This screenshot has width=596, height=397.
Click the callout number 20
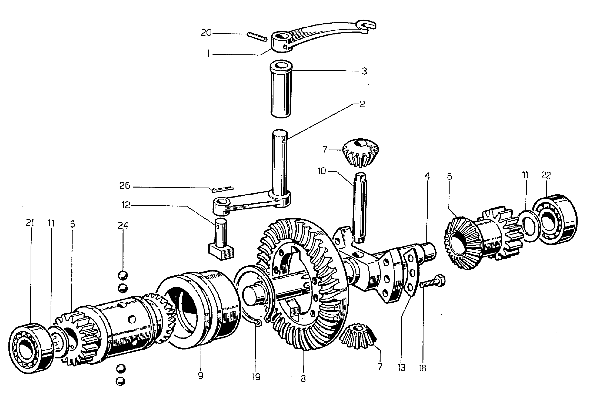point(206,33)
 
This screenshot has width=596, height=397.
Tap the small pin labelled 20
point(257,36)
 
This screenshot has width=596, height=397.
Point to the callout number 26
point(125,186)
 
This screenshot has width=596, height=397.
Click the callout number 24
point(123,225)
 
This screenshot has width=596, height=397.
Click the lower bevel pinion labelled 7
point(358,336)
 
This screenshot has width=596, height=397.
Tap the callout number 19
point(256,377)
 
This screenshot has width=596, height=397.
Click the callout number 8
point(303,379)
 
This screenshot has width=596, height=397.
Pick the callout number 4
point(427,176)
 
